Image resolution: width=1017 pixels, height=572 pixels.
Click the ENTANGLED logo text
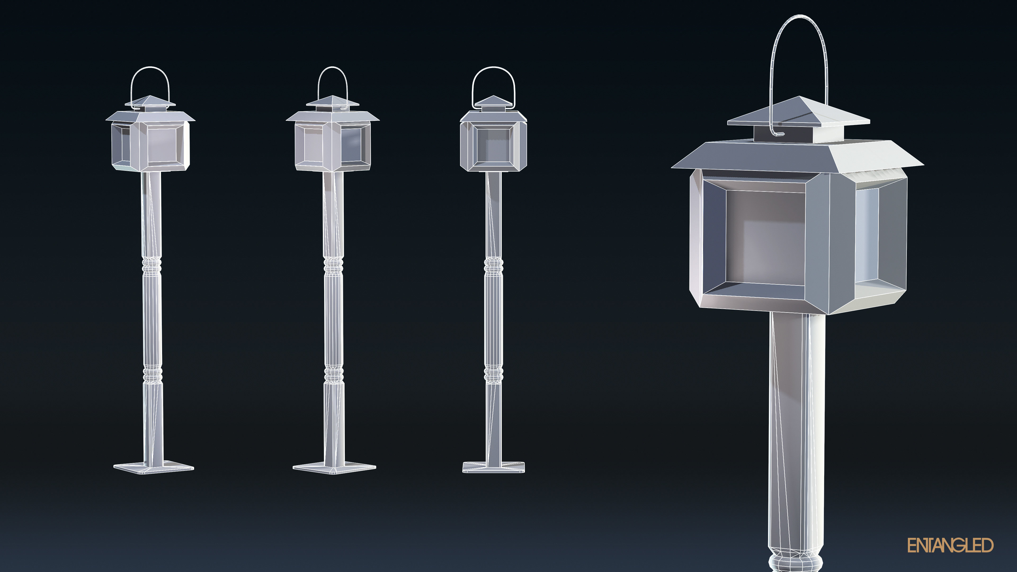[950, 545]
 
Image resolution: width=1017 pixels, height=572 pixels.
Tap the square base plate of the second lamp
[334, 467]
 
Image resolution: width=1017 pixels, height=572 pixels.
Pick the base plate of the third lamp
[493, 467]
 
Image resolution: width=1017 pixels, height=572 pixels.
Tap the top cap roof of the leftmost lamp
[150, 101]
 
